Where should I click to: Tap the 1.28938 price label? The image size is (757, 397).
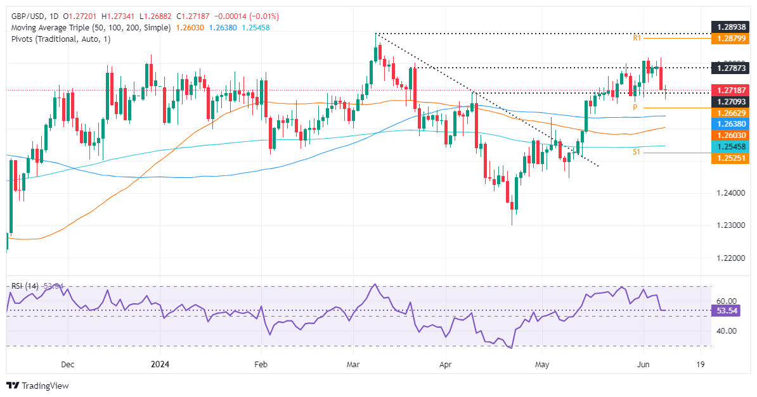730,27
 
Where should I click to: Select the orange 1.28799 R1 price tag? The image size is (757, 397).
730,38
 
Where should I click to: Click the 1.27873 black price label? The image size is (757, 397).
730,68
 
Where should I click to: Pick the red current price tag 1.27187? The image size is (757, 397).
730,91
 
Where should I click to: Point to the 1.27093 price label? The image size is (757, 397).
730,101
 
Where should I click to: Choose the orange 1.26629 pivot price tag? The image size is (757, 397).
730,113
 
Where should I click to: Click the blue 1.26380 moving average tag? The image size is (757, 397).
730,124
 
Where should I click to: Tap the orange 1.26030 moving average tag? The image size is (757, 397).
730,135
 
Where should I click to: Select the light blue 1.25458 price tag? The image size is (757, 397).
730,146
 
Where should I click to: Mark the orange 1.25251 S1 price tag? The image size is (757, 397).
730,158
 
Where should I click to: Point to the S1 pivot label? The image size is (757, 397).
638,153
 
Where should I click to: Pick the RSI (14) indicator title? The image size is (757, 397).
28,286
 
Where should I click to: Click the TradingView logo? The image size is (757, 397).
37,385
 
